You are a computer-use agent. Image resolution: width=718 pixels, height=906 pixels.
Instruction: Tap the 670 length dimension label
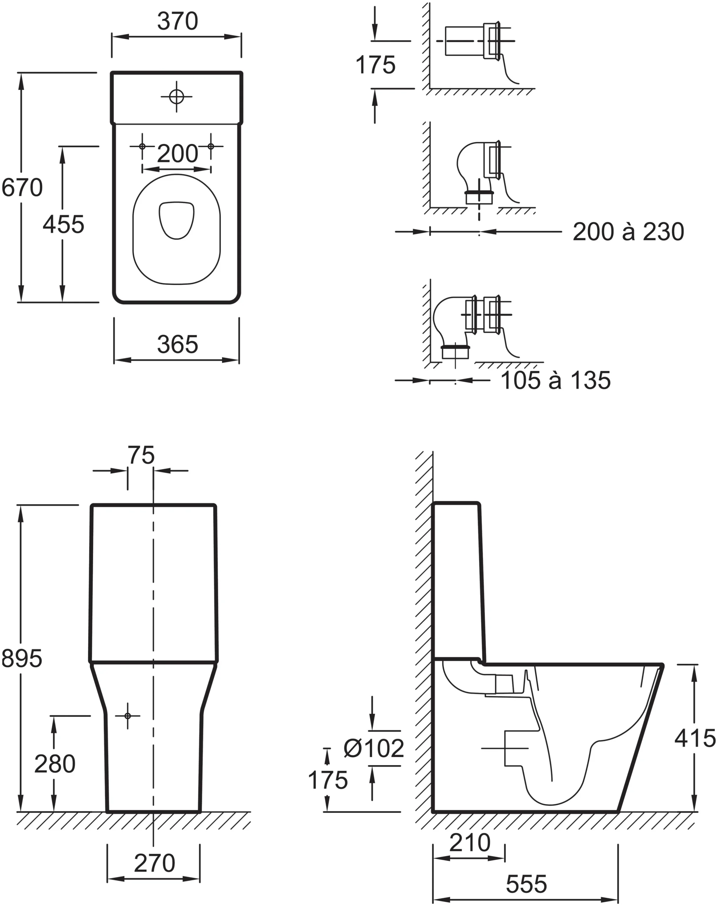click(x=22, y=188)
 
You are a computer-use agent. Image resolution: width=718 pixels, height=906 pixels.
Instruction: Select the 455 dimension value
click(x=63, y=224)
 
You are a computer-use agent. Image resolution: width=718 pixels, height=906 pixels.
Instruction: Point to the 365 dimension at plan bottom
click(x=177, y=345)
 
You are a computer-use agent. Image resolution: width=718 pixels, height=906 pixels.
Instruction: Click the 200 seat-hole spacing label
click(x=177, y=154)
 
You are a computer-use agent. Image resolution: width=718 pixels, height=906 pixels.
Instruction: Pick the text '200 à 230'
click(x=628, y=232)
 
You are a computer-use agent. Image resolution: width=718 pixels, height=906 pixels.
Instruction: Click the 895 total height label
click(x=22, y=658)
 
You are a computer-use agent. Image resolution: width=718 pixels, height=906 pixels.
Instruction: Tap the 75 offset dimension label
click(x=141, y=455)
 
